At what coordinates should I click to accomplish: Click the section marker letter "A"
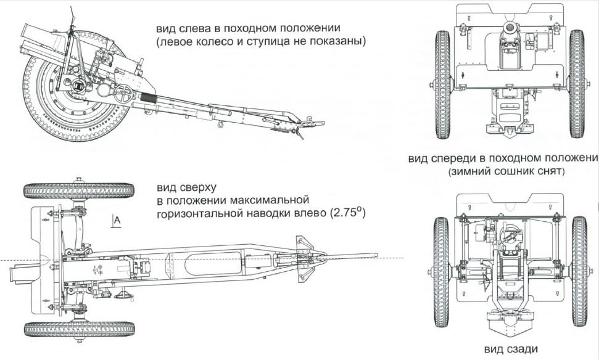pyautogui.click(x=115, y=221)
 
